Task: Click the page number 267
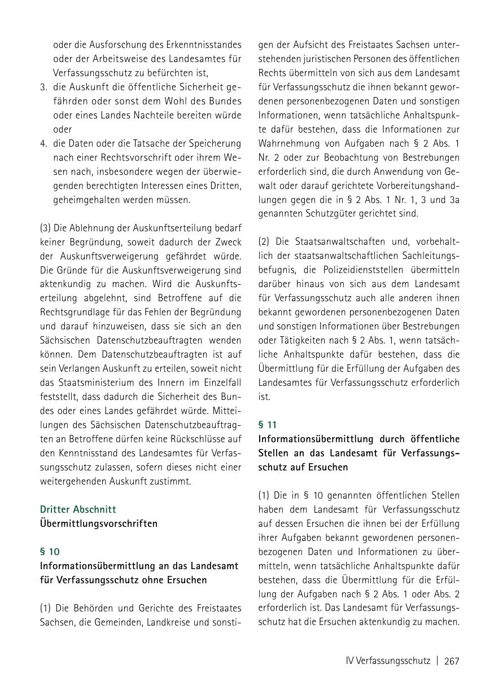click(x=452, y=661)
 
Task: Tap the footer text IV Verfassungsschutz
click(x=388, y=661)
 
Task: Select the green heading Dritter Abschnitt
click(x=78, y=509)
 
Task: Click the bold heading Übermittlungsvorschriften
click(x=99, y=523)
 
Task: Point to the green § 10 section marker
click(x=50, y=552)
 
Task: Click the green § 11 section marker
click(x=268, y=425)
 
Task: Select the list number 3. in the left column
click(x=43, y=87)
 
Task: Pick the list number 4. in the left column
click(x=43, y=143)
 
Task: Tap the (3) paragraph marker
click(x=46, y=228)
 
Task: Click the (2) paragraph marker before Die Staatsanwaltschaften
click(x=264, y=242)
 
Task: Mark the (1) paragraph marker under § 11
click(x=264, y=495)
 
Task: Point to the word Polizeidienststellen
click(x=369, y=270)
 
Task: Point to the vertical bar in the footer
click(x=437, y=661)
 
